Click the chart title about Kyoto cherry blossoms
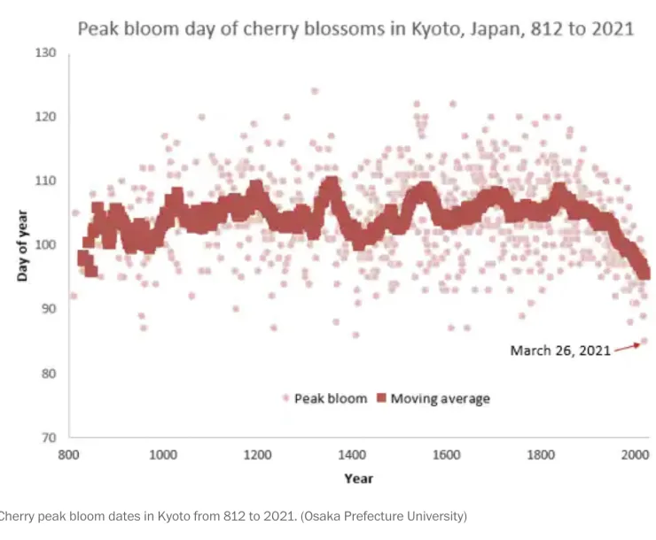click(x=356, y=29)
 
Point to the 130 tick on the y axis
click(x=45, y=52)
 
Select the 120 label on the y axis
click(x=45, y=117)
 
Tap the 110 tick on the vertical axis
click(x=45, y=181)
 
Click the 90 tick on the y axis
click(x=48, y=309)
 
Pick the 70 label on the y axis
click(x=48, y=437)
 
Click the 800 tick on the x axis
click(x=68, y=454)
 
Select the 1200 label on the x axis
click(x=257, y=454)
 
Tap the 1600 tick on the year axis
click(x=447, y=454)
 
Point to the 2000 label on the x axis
click(x=635, y=454)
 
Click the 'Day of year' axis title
click(x=22, y=245)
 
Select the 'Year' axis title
click(x=358, y=479)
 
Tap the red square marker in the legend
click(x=381, y=397)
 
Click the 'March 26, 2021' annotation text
click(x=560, y=351)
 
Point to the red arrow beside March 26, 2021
click(x=627, y=348)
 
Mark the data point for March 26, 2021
click(x=644, y=341)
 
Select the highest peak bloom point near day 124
click(x=314, y=91)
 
